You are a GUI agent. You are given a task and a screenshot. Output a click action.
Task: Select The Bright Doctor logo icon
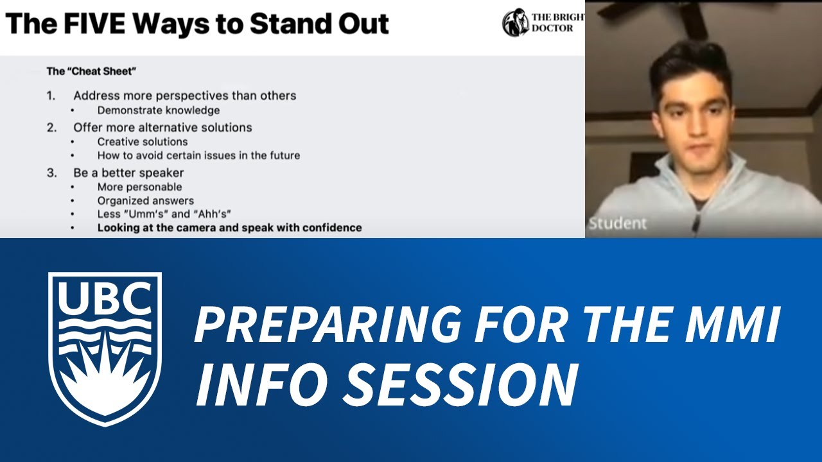pyautogui.click(x=515, y=22)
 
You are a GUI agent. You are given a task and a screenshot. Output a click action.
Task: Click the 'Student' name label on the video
pyautogui.click(x=618, y=224)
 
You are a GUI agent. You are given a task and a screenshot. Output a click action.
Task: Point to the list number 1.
pyautogui.click(x=51, y=96)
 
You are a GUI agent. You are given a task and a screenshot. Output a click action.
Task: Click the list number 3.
pyautogui.click(x=51, y=173)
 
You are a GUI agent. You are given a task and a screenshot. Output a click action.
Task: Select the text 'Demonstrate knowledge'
pyautogui.click(x=159, y=110)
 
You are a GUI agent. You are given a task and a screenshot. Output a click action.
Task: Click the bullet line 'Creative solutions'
pyautogui.click(x=143, y=142)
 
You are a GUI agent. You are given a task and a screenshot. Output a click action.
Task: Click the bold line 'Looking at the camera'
pyautogui.click(x=229, y=228)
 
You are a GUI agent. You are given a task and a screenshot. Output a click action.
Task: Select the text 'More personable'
pyautogui.click(x=139, y=187)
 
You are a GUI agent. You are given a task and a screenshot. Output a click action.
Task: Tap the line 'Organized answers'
pyautogui.click(x=146, y=201)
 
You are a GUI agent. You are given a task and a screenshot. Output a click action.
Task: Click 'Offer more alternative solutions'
pyautogui.click(x=162, y=127)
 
